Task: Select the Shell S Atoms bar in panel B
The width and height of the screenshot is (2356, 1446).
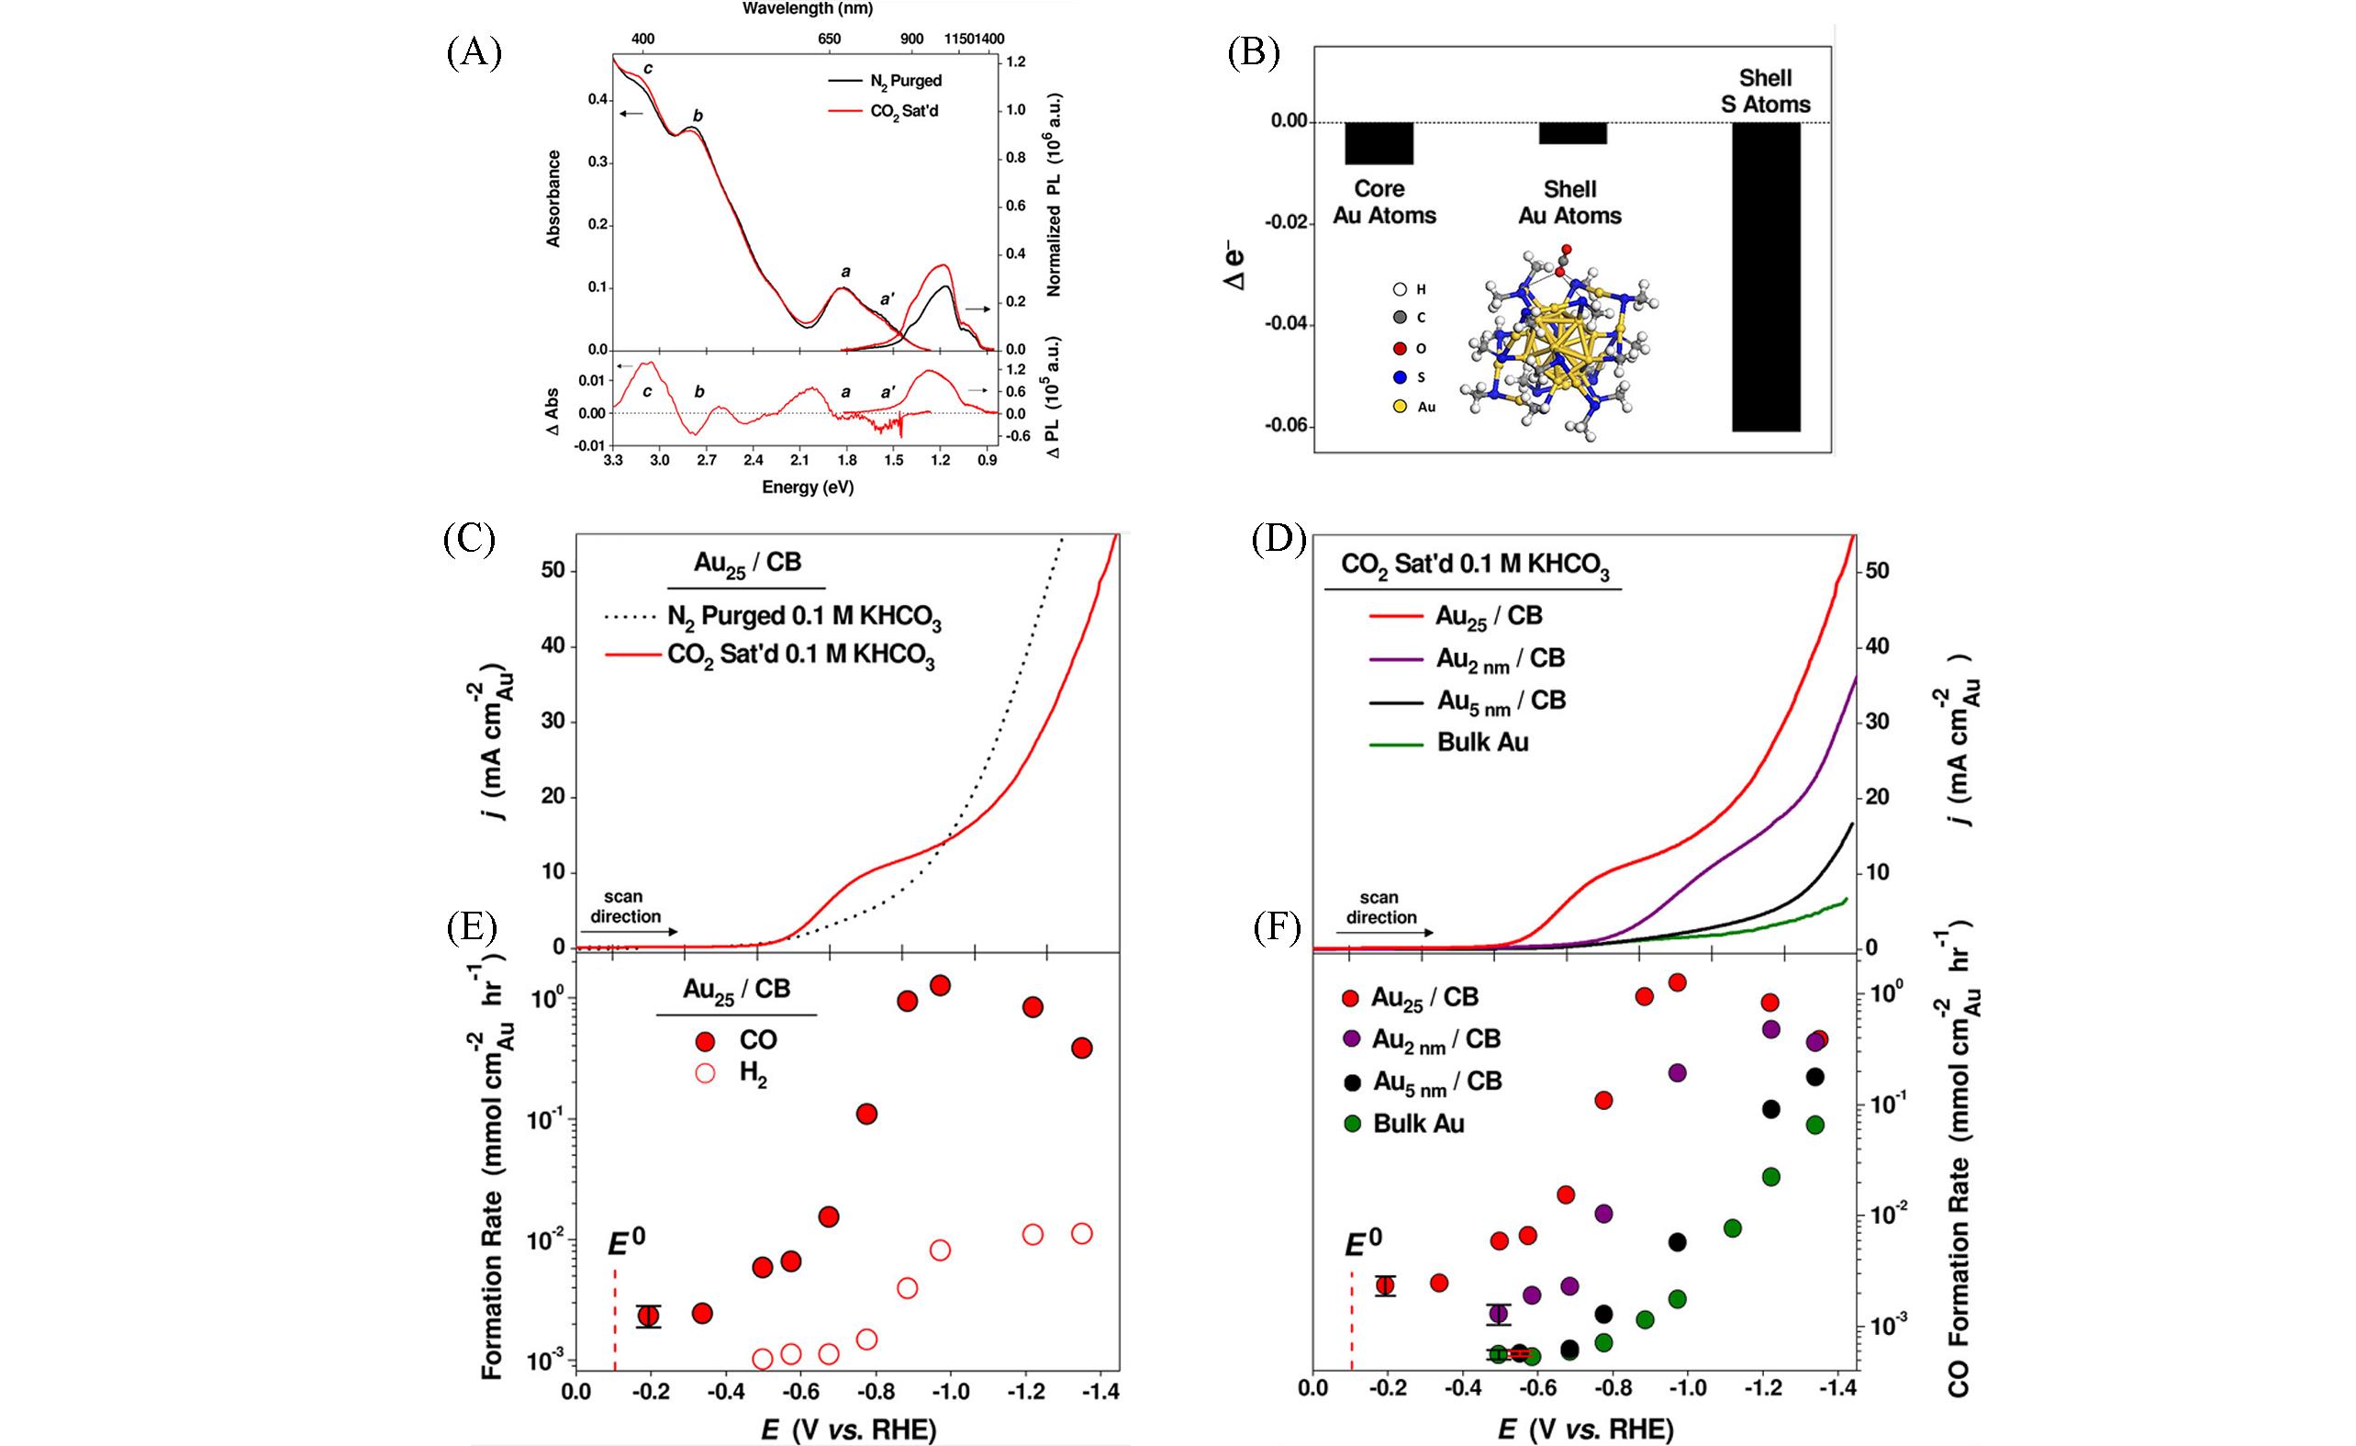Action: tap(1765, 276)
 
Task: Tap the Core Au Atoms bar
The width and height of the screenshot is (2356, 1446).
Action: tap(1379, 143)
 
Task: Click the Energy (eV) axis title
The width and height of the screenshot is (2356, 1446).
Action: tap(807, 488)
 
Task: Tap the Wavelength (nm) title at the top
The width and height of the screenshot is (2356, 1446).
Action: tap(807, 8)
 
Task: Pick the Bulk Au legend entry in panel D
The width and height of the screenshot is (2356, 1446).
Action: tap(1482, 743)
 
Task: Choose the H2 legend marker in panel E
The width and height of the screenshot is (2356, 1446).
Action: tap(706, 1073)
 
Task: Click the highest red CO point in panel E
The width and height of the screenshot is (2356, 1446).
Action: tap(939, 986)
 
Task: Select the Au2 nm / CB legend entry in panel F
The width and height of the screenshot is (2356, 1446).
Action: tap(1435, 1039)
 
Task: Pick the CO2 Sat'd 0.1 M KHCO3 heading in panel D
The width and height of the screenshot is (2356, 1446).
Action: tap(1474, 566)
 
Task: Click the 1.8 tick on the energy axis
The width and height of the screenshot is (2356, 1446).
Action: tap(846, 460)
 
